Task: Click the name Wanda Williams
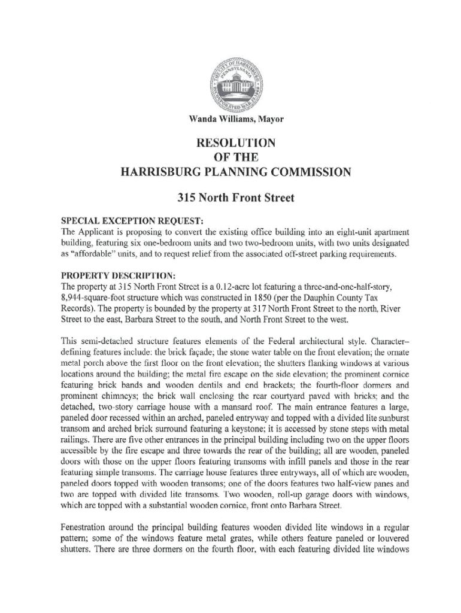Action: point(215,120)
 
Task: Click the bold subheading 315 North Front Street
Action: point(230,198)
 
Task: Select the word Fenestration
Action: point(86,528)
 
